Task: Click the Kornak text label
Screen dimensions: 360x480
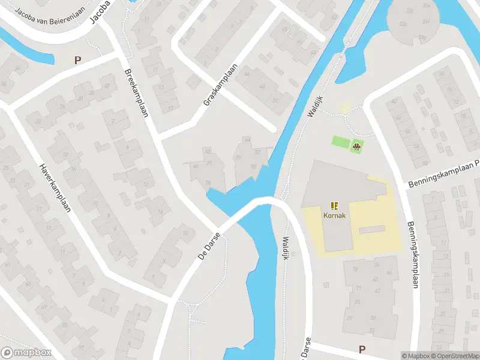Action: [334, 214]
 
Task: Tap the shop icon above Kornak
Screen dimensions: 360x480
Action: [334, 205]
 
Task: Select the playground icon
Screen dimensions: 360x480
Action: [356, 145]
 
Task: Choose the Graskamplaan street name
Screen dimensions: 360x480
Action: [221, 85]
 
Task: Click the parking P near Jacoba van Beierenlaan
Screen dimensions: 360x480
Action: [77, 59]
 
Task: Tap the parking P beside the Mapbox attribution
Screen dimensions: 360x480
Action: [362, 349]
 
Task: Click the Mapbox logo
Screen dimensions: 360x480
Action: [26, 352]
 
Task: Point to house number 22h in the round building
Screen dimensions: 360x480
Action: [410, 11]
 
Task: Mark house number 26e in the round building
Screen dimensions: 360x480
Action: [427, 5]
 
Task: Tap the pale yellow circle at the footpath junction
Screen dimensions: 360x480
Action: [344, 108]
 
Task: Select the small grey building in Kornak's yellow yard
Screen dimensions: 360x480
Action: [371, 229]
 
